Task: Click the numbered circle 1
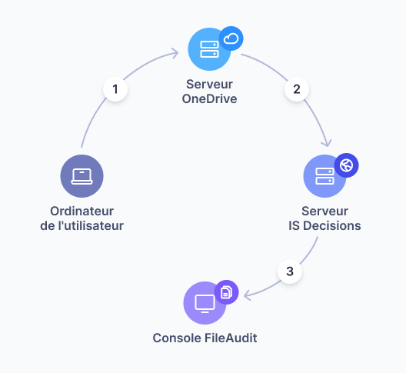115,89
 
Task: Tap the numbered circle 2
297,89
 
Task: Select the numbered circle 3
290,271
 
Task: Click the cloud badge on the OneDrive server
231,38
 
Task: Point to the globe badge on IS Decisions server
347,165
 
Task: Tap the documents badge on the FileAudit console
226,292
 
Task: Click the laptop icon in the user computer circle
82,176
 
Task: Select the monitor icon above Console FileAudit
205,304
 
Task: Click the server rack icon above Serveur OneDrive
209,49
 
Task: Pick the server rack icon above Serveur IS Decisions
324,176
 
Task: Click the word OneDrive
209,99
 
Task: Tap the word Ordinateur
82,211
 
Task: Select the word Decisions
332,226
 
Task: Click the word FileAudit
231,338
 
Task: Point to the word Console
177,338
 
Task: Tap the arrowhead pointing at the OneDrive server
175,53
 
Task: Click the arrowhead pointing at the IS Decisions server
327,143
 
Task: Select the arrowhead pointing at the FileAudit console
248,295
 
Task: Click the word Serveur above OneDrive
209,85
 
